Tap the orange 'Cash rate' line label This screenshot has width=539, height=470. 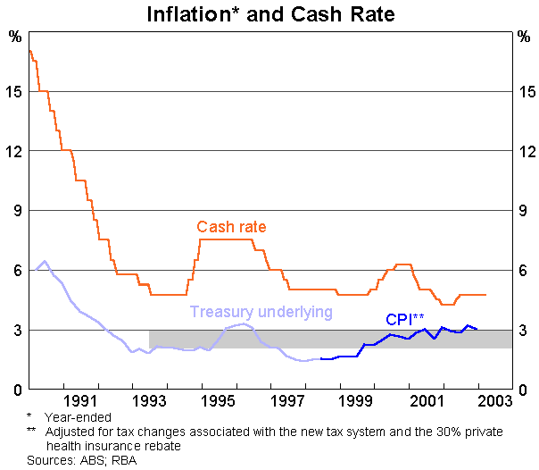coord(231,227)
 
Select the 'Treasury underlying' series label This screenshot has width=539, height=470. coord(261,312)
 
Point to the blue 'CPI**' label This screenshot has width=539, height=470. coord(404,319)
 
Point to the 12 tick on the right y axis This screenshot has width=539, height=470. coord(526,151)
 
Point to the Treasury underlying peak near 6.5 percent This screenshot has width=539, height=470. coord(45,262)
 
